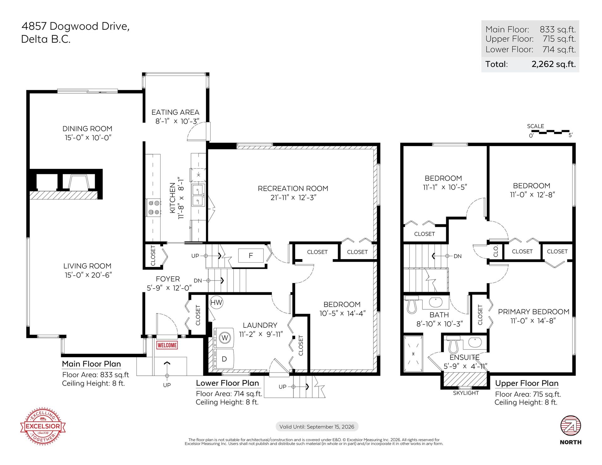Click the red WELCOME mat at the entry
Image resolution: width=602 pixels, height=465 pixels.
pos(167,345)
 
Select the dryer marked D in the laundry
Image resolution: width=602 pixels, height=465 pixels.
pos(224,359)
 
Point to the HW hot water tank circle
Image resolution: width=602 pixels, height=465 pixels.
pos(216,302)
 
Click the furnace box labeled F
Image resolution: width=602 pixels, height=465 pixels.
pos(251,255)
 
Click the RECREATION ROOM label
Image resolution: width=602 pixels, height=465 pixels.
pos(293,188)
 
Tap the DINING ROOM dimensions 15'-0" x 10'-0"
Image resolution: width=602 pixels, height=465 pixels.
pos(88,138)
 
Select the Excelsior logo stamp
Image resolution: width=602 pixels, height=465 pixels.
pos(43,426)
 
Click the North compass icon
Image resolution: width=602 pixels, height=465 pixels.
pos(571,426)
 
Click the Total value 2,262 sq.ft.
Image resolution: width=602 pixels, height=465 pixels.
pos(554,64)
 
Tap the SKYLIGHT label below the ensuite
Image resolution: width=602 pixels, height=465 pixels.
pos(466,393)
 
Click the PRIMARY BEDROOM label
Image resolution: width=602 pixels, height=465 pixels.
pos(534,312)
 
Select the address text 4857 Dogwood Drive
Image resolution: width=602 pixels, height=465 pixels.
pos(76,26)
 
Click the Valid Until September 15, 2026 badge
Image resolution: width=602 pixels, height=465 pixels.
pos(317,426)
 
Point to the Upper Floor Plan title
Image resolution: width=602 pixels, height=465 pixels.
pos(527,383)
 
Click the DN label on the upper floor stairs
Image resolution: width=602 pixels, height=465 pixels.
pos(457,256)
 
